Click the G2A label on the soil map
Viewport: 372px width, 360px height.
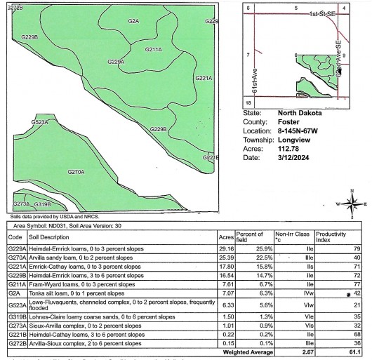[133, 22]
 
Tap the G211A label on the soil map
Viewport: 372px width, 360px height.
[154, 50]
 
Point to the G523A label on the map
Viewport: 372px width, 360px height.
[39, 122]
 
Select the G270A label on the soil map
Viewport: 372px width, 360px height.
[76, 172]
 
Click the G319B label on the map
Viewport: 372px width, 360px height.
[43, 204]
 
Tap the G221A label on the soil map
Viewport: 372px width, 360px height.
[204, 78]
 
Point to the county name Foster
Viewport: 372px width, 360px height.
[288, 121]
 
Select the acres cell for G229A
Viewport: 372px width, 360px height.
[226, 248]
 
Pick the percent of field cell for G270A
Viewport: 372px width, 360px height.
[252, 258]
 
